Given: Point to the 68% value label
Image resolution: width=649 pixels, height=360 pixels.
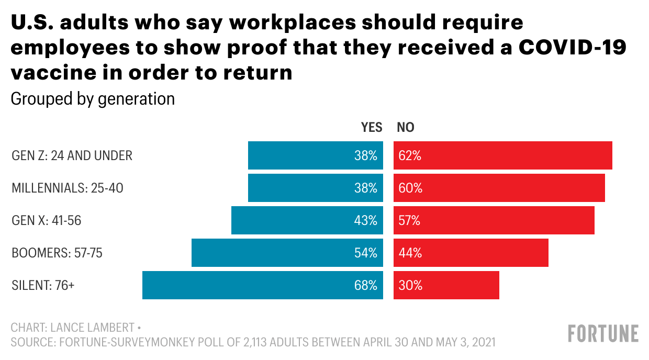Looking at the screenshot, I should pos(365,285).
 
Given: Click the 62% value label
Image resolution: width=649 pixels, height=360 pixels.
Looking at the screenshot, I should pos(410,155).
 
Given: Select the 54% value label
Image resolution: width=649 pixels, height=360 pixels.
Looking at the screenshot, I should pos(365,253).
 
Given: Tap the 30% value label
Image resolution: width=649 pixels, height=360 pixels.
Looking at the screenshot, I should pos(410,285).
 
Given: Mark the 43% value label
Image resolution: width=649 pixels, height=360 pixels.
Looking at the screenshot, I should pos(365,220).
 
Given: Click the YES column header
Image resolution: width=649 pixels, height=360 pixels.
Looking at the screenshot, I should pos(372,127).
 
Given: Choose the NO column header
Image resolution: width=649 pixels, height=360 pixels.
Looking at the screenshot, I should pos(406,127).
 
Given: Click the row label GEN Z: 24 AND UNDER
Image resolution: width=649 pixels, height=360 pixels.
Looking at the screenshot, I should pos(72,155).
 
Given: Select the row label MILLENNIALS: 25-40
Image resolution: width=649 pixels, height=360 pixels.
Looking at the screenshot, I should pos(68,188).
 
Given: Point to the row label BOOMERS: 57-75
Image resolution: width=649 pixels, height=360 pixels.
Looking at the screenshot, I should pos(57,253).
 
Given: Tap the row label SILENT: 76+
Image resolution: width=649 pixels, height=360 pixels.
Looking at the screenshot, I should pos(43,286).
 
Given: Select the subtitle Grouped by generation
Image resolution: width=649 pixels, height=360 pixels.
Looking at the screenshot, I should pos(93,99).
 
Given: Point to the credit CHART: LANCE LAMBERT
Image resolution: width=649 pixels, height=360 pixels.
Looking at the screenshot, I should pos(73,328).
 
